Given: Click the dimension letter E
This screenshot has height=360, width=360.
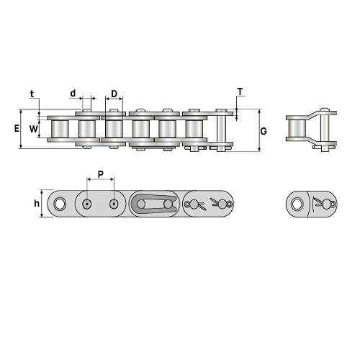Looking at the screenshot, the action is [x=17, y=129].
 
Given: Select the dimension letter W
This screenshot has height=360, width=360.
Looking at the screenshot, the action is [x=34, y=129].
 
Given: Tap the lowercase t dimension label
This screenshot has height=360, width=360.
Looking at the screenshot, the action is [x=32, y=94].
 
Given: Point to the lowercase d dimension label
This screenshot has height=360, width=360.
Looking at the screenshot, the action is [x=73, y=93].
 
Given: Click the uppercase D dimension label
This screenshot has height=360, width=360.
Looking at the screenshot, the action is [x=114, y=94].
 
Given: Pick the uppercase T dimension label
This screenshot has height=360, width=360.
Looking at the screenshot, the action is [x=240, y=91].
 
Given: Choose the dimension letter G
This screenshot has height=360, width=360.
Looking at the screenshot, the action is [x=264, y=131].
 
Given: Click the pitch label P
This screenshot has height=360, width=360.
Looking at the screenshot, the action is [x=101, y=174].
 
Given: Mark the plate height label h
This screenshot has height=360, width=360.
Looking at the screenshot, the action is [x=37, y=204].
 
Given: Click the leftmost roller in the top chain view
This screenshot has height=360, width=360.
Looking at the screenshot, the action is [x=60, y=129].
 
